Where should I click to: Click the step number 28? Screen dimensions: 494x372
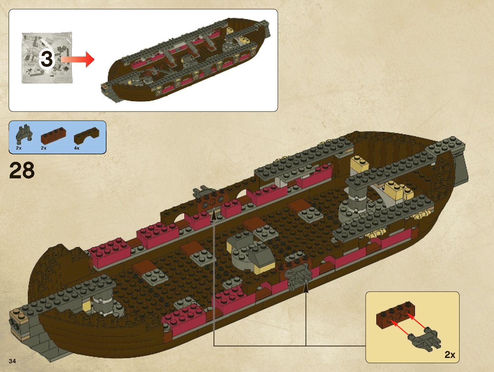22,171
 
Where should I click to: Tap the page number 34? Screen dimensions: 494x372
12,361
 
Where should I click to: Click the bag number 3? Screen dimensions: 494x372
47,59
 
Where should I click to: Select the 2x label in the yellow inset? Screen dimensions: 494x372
450,355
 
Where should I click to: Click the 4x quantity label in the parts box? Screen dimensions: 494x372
77,148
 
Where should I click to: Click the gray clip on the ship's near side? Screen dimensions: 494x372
298,276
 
